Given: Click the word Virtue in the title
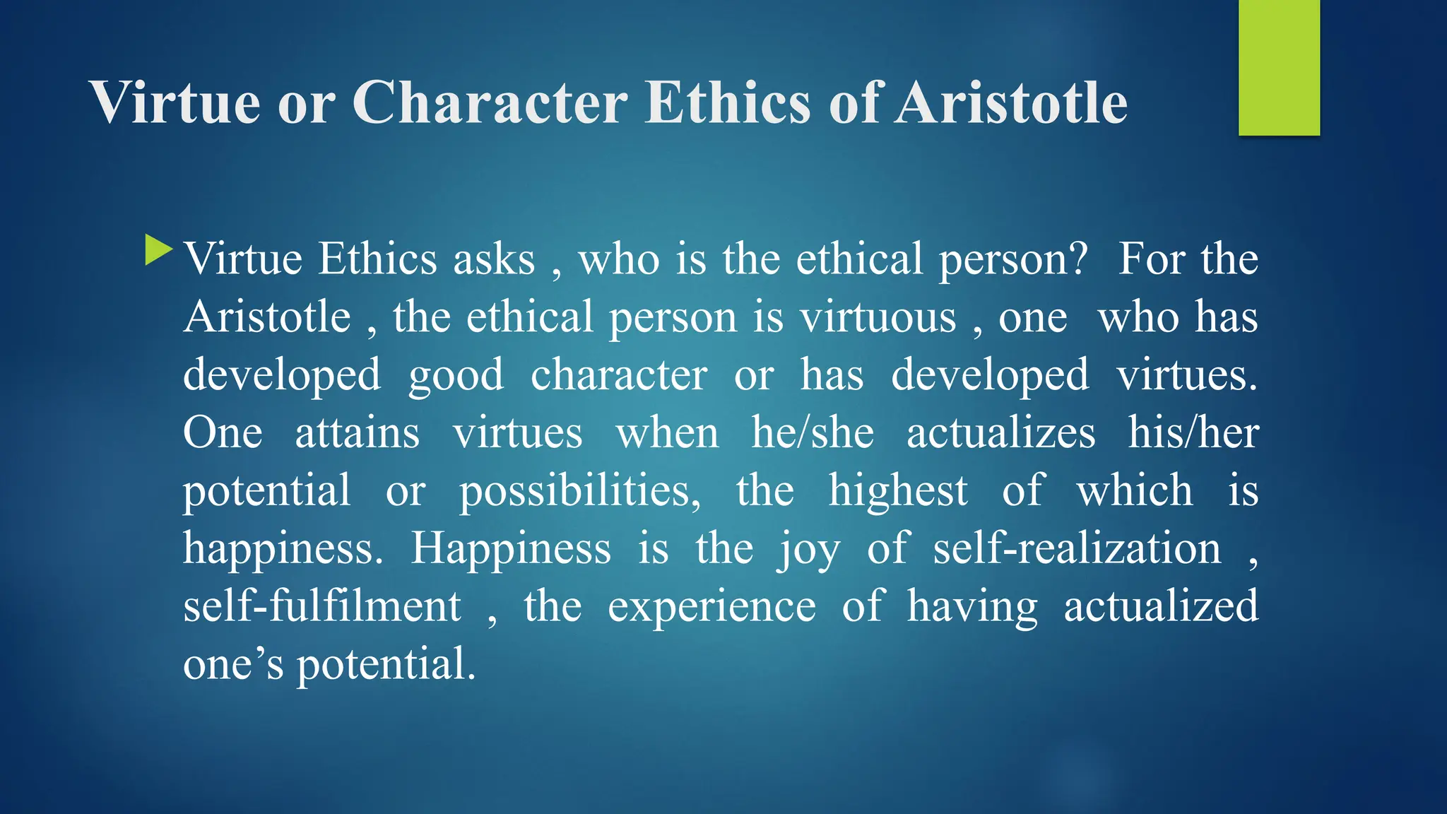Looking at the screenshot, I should coord(175,103).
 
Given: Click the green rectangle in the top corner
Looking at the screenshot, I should coord(1279,68).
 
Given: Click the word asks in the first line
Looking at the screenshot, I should coord(494,259).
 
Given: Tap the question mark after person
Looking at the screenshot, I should coord(1079,259).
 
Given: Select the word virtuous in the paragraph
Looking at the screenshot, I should coord(878,317).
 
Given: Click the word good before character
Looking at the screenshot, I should coord(456,375).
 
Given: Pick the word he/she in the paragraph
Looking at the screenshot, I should coord(813,433).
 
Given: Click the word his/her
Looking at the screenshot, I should coord(1193,433).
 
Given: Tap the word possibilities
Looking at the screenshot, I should coord(580,491).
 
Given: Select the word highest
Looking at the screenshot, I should coord(897,491).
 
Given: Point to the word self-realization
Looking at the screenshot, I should coord(1077,549).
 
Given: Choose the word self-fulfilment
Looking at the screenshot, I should coord(322,607).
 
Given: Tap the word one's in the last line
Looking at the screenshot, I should coord(233,665).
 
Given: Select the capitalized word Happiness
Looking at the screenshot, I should coord(511,549).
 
